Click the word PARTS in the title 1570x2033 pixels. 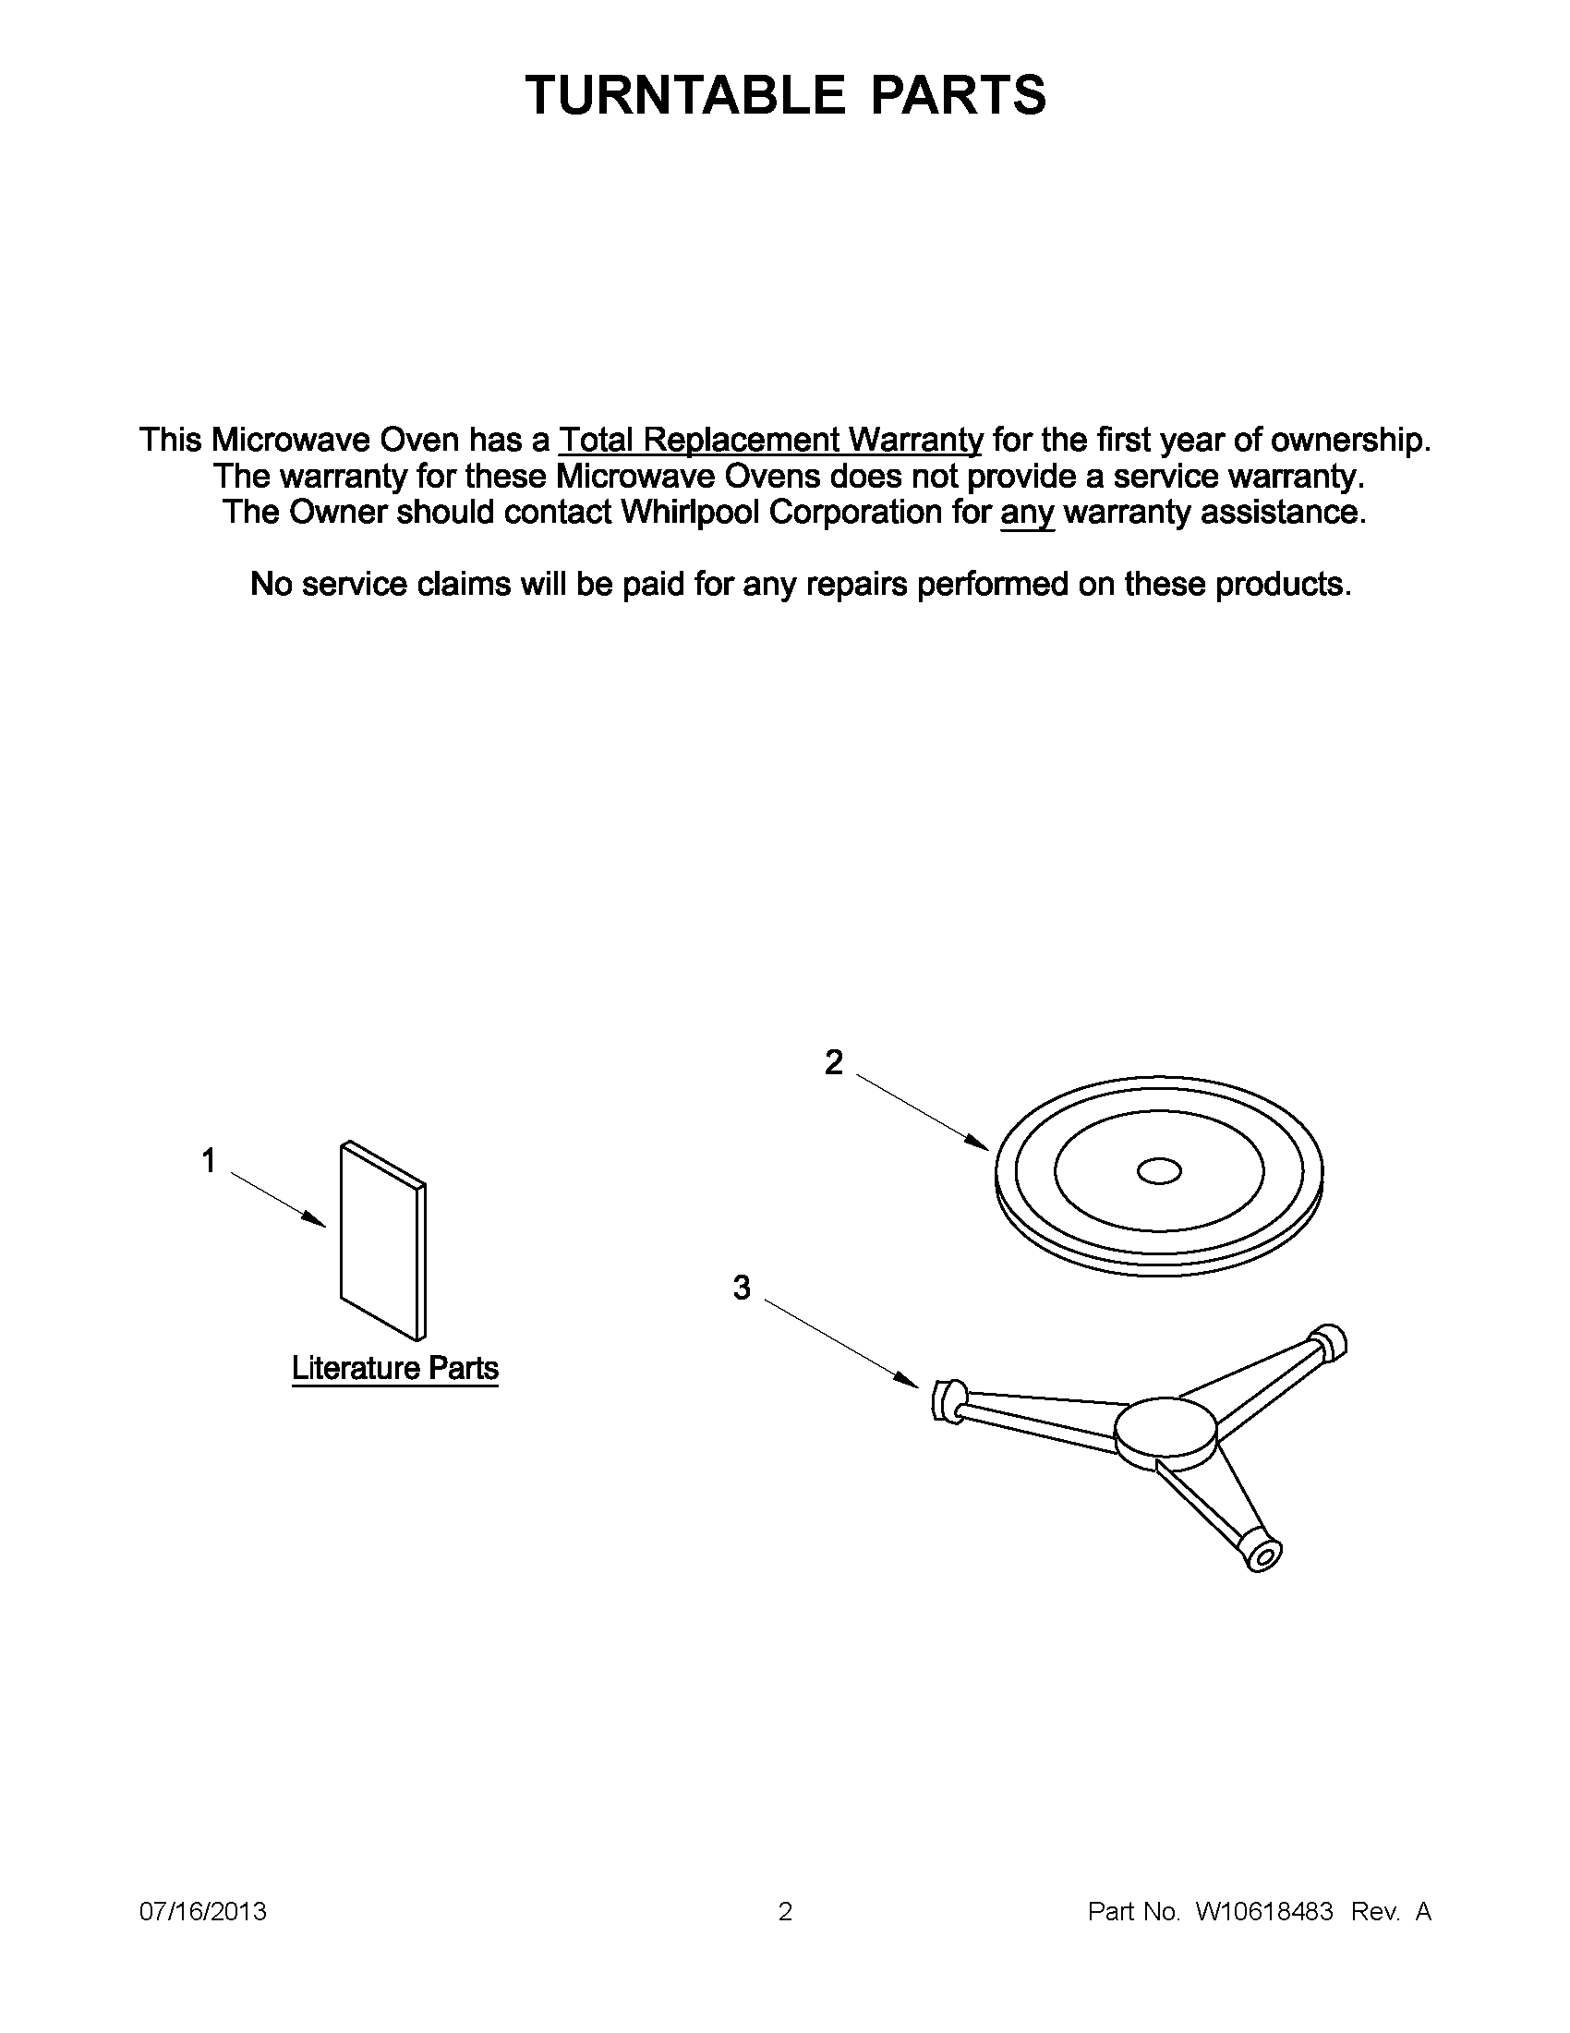coord(959,95)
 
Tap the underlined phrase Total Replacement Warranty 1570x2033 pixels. coord(769,440)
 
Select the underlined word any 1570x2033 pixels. coord(1026,513)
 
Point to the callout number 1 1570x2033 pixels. coord(209,1161)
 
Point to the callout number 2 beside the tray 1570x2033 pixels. coord(833,1062)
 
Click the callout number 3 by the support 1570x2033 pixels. coord(741,1289)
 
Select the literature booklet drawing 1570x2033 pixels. coord(382,1238)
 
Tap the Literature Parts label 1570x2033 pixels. coord(394,1367)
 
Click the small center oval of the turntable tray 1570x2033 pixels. coord(1159,1172)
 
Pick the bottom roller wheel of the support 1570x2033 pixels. coord(1263,1552)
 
